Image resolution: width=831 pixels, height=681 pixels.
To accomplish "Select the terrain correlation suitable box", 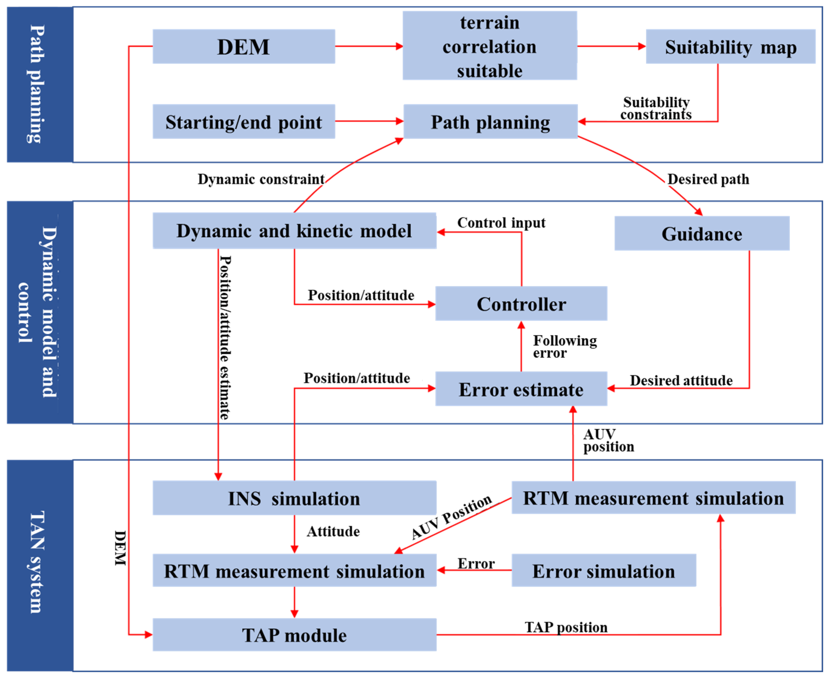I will [489, 46].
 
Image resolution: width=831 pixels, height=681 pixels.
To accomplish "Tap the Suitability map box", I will [730, 47].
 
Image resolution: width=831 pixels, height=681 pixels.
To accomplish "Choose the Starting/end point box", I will [244, 122].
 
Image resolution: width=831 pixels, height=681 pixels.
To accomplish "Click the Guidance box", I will [701, 233].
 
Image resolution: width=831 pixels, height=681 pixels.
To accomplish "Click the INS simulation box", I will [294, 498].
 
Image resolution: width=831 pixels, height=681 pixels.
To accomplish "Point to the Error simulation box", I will [603, 571].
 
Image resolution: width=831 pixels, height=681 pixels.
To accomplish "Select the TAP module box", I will [294, 635].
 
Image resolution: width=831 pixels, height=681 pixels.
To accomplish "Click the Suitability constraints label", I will [656, 108].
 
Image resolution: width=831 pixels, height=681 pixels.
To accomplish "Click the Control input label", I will [501, 223].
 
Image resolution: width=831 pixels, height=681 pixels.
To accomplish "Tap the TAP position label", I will [566, 627].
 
